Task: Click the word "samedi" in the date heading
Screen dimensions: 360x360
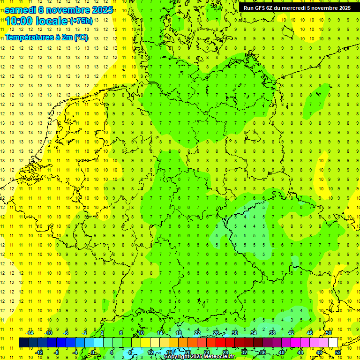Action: tap(21, 10)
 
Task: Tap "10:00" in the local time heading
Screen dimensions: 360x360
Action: tap(19, 21)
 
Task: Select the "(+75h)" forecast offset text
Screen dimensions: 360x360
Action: tap(81, 21)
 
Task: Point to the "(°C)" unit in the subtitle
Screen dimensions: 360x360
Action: tap(81, 37)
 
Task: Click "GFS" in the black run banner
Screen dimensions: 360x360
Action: tap(261, 8)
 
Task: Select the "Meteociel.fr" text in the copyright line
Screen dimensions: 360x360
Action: tap(220, 356)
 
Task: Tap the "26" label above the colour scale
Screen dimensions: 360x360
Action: tap(216, 333)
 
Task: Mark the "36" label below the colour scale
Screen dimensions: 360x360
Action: tap(263, 352)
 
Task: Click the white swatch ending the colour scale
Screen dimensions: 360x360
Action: tap(333, 342)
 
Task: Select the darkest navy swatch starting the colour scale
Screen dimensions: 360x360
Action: tap(23, 342)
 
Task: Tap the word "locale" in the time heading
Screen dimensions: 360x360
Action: tap(51, 21)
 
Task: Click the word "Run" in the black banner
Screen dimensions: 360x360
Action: tap(248, 8)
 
